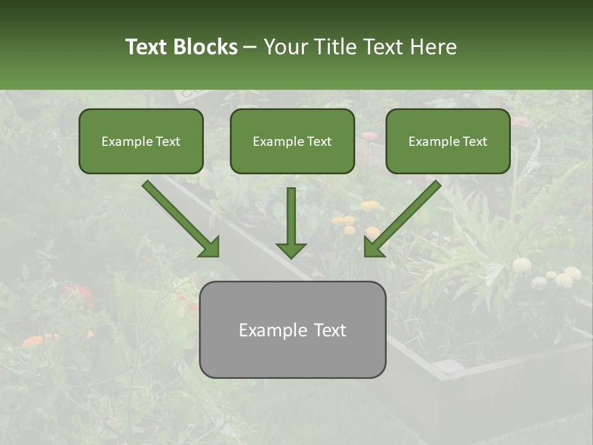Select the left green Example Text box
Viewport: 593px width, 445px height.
tap(141, 142)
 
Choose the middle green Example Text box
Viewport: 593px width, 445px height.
tap(292, 142)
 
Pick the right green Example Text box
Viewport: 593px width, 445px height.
tap(448, 142)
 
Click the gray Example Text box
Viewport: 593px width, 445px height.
tap(292, 329)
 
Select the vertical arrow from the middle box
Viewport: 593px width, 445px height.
tap(291, 216)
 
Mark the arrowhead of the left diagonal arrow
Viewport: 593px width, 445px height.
tap(210, 247)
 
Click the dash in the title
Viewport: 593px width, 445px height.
tap(250, 47)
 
